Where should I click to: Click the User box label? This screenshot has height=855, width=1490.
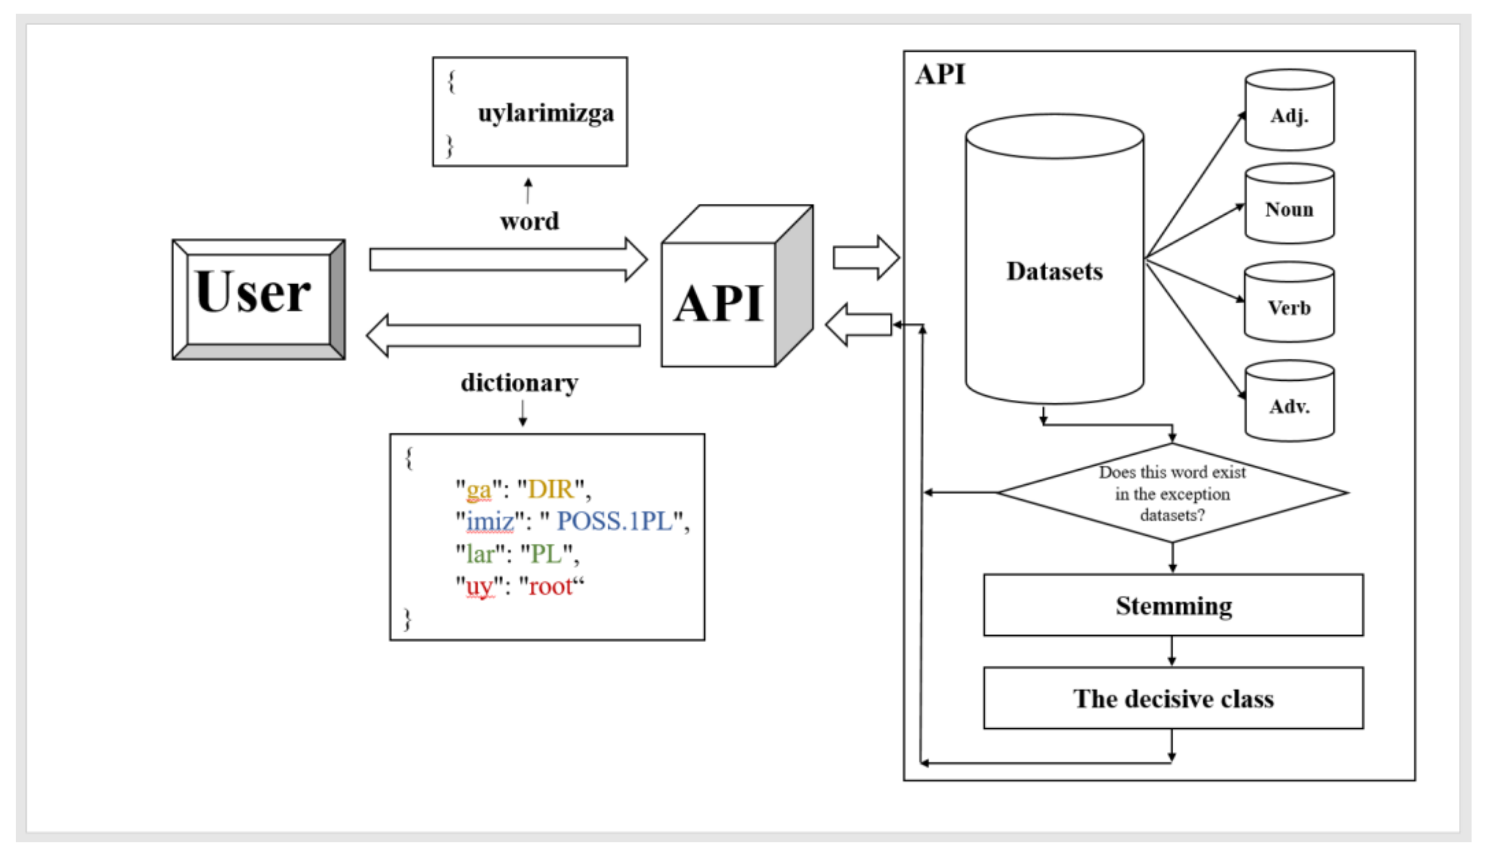pos(253,292)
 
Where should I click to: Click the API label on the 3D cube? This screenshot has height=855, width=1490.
pos(718,304)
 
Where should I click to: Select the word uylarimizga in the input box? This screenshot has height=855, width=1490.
pos(545,113)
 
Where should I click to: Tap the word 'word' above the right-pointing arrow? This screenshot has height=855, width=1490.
pos(529,221)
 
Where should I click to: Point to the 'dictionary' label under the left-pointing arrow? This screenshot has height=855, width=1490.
pos(519,383)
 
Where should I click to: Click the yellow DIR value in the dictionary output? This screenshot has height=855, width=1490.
pos(550,489)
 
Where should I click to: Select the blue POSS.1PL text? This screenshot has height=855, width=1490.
pos(614,522)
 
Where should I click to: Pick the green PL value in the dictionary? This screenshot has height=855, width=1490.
pos(546,554)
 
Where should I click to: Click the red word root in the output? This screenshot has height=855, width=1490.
pos(550,586)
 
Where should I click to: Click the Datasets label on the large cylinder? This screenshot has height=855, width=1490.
pos(1054,271)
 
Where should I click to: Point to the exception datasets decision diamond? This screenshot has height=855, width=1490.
pos(1172,493)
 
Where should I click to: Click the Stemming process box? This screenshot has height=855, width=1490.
pos(1173,606)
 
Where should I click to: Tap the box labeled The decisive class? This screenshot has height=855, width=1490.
pos(1173,698)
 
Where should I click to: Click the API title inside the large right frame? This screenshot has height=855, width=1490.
pos(940,74)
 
